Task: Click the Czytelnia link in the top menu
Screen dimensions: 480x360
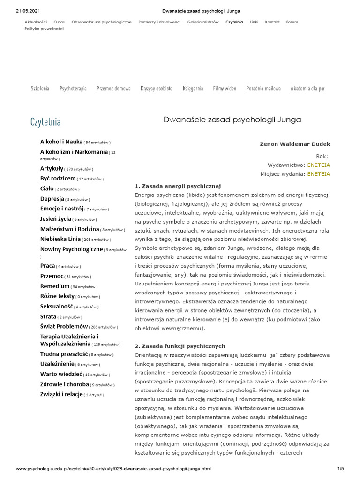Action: click(x=234, y=22)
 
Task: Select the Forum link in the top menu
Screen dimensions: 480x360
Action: click(x=292, y=22)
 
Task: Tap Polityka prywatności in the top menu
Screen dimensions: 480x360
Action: click(x=44, y=29)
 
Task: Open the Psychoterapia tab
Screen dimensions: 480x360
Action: click(x=73, y=89)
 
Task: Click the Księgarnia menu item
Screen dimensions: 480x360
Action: click(x=193, y=89)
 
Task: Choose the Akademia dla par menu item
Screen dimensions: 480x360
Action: click(x=307, y=89)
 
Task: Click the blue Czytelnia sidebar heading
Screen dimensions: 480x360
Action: click(x=45, y=122)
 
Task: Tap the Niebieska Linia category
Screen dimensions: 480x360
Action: click(x=60, y=239)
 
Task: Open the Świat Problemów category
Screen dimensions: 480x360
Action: click(x=64, y=326)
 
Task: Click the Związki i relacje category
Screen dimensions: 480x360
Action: click(x=61, y=394)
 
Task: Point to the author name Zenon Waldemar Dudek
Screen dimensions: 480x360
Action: click(x=294, y=144)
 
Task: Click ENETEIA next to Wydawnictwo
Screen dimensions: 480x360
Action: click(x=318, y=165)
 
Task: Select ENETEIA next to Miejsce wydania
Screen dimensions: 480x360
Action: click(x=318, y=174)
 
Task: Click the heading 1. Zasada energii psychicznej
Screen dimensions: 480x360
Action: click(x=177, y=186)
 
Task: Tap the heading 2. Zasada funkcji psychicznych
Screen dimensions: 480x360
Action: click(x=180, y=346)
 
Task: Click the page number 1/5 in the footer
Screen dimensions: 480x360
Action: click(x=340, y=468)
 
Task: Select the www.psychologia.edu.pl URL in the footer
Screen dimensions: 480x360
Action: click(x=113, y=468)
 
